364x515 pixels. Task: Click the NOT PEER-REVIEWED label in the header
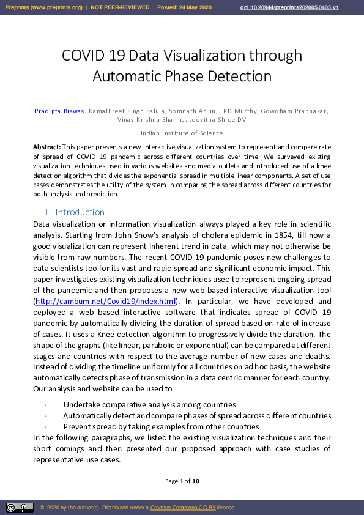120,7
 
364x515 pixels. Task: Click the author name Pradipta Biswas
61,111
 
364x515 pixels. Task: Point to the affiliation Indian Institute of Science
182,133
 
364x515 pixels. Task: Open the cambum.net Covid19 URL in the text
105,302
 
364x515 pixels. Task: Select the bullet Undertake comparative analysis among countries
150,405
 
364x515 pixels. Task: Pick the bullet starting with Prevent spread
161,426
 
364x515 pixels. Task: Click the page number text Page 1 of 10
182,481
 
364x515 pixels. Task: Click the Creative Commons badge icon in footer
20,508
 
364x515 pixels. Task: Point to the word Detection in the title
237,76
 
